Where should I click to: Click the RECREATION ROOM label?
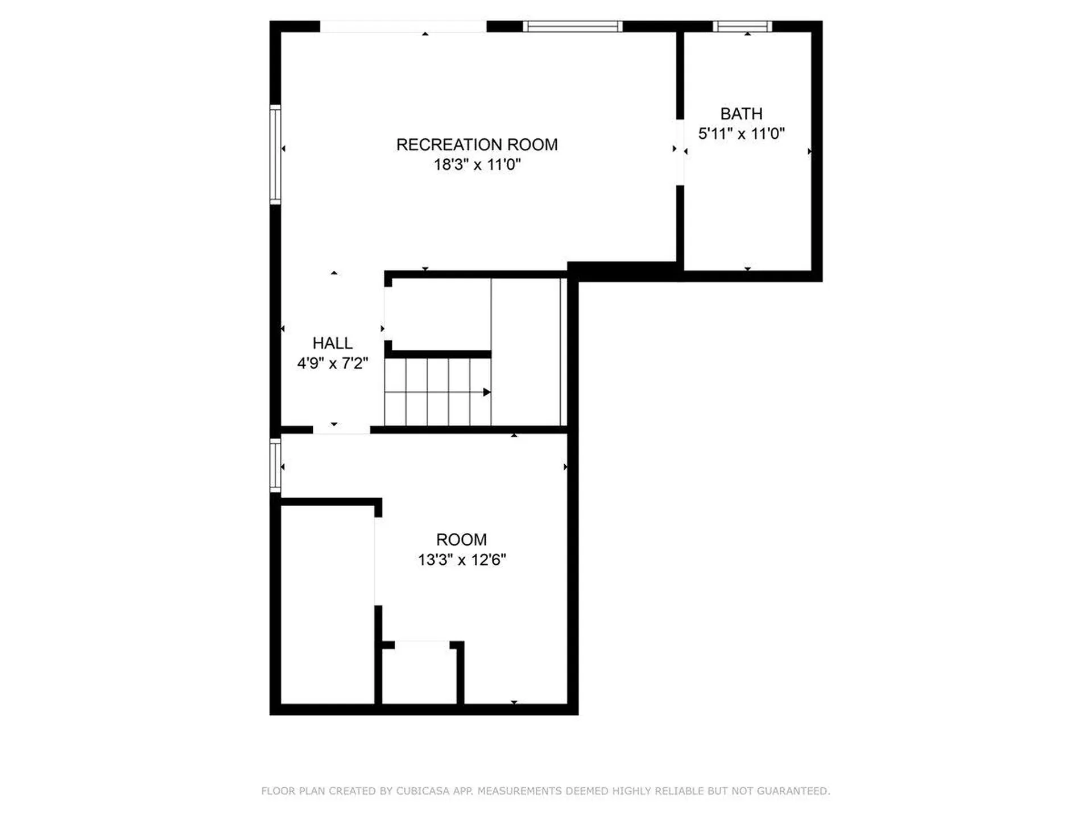point(477,145)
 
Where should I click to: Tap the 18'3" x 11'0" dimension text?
point(477,165)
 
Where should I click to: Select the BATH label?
point(741,114)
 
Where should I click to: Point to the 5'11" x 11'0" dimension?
point(741,134)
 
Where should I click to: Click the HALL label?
point(332,343)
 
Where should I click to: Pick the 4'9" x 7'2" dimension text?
point(332,363)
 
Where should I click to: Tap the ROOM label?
point(461,539)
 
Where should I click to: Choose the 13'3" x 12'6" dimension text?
point(461,560)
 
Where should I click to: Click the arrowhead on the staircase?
point(487,392)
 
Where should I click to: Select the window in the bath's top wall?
point(742,26)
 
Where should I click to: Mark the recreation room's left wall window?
point(275,154)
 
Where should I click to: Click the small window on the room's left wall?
point(275,465)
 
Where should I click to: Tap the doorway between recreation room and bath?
point(680,152)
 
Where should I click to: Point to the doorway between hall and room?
point(341,429)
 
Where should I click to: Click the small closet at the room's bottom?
point(420,674)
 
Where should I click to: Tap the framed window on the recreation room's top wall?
point(572,26)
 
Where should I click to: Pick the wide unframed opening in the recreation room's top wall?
point(403,26)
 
